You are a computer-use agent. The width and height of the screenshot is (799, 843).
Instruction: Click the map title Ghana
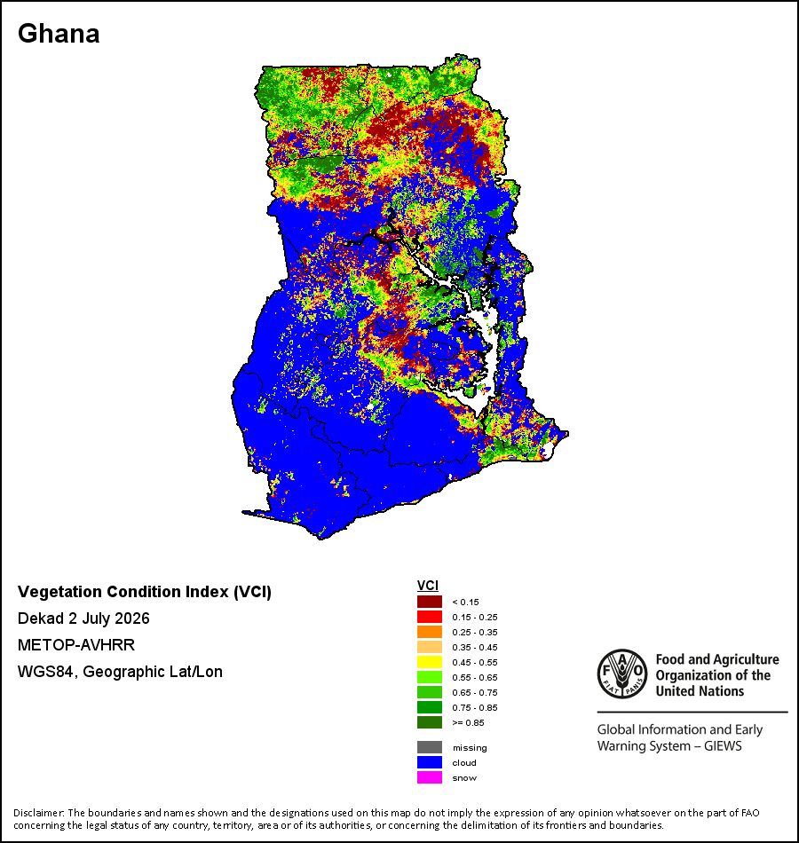(x=59, y=34)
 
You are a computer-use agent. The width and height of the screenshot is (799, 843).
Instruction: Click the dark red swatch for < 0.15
(x=430, y=602)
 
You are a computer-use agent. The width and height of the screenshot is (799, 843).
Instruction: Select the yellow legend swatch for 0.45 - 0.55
(x=430, y=662)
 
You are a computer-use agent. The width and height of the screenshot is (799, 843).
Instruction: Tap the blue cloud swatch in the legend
(x=430, y=762)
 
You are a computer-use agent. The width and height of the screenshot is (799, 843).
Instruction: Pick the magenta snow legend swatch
(x=430, y=777)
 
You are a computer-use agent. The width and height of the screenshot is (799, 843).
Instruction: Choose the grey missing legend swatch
(x=430, y=747)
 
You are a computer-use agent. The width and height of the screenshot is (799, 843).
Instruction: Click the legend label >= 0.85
(x=468, y=722)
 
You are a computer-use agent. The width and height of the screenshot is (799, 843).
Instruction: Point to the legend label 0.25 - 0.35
(x=475, y=632)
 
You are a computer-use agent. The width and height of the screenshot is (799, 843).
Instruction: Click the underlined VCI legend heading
(x=428, y=586)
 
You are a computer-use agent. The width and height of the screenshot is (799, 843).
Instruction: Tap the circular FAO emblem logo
(x=622, y=674)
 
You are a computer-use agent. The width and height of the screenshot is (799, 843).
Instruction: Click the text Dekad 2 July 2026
(x=83, y=618)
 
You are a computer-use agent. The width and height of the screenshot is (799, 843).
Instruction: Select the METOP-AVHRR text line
(x=76, y=644)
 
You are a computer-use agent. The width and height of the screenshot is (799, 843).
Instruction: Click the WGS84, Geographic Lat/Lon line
(x=120, y=672)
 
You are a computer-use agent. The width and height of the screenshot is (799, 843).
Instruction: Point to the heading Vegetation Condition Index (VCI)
(x=145, y=592)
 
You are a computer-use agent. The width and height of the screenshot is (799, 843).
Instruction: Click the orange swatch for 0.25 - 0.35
(x=430, y=632)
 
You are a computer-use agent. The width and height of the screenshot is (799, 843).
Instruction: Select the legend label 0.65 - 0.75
(x=475, y=692)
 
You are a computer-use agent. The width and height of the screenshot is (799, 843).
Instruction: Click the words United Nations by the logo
(x=700, y=691)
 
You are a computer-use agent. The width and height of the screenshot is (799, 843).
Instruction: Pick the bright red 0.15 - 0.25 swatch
(x=430, y=617)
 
